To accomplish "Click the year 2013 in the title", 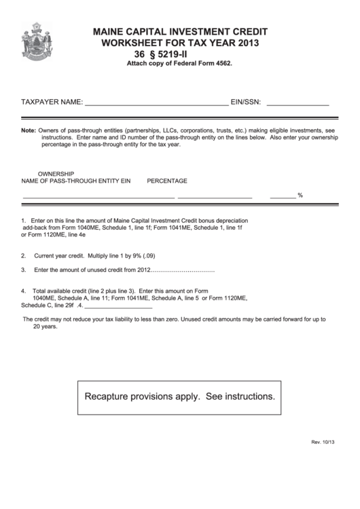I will point(248,43).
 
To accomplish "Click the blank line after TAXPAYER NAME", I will point(156,103).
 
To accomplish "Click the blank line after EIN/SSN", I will point(298,103).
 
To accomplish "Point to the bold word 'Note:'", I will point(28,130).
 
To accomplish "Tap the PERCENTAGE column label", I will point(167,181).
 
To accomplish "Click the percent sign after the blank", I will point(300,196).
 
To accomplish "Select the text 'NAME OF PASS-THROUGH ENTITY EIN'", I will point(75,181).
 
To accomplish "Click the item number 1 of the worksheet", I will point(23,221).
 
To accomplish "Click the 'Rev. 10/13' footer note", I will point(323,461).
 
